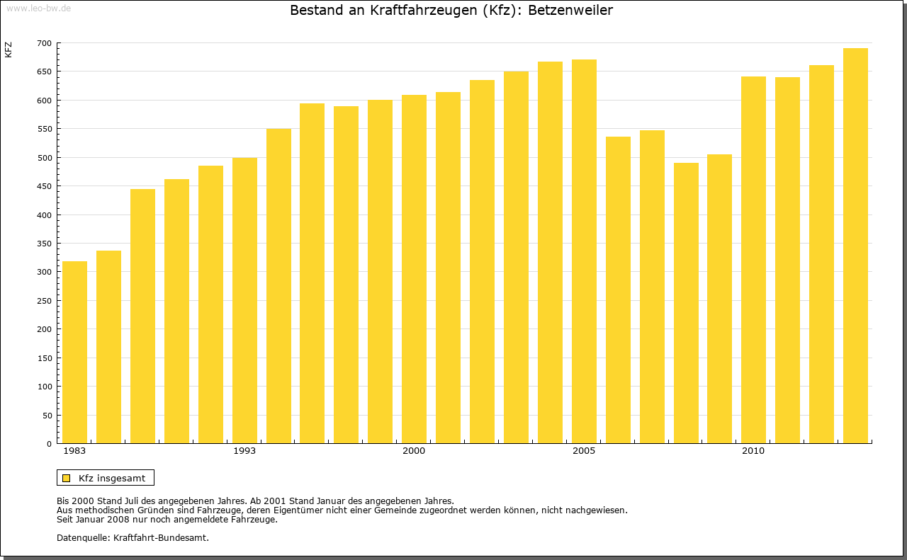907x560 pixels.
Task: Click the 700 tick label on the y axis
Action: [44, 43]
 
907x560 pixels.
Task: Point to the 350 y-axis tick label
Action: [44, 244]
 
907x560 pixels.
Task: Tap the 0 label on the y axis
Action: [49, 444]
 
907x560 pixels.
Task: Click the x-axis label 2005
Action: [584, 451]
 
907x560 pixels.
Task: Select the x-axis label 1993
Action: [244, 451]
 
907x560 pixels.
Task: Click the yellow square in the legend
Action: [66, 478]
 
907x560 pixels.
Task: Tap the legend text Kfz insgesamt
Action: [112, 478]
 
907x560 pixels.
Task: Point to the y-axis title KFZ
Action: [9, 50]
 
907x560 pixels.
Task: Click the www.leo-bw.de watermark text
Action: [38, 8]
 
